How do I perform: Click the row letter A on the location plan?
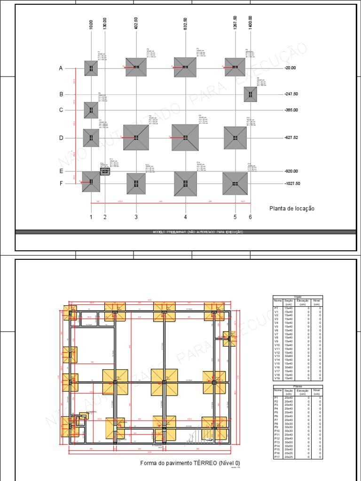point(61,68)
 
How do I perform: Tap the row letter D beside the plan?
point(61,138)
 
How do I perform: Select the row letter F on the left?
point(61,184)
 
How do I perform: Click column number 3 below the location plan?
point(136,217)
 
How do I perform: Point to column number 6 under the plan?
point(250,217)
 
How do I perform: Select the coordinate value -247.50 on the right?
point(291,94)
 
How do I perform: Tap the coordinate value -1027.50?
point(292,184)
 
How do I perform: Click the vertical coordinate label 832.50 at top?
point(186,23)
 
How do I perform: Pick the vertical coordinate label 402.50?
point(136,23)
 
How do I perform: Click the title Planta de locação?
point(292,209)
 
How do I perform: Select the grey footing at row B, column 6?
point(251,94)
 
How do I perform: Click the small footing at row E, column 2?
point(105,171)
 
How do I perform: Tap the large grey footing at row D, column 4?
point(185,138)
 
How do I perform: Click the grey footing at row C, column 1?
point(91,110)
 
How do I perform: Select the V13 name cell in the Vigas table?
point(277,356)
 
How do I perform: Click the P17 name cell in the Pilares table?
point(277,457)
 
